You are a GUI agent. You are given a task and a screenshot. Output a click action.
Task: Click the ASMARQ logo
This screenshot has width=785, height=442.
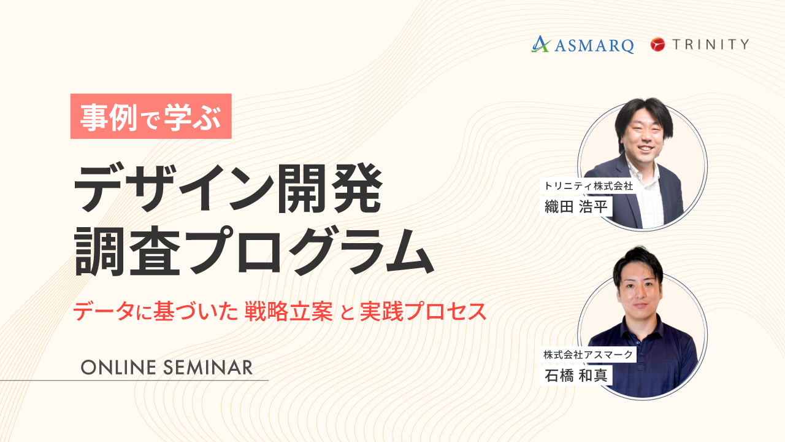583,45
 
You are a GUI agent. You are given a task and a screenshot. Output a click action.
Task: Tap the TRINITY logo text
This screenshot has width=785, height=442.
711,44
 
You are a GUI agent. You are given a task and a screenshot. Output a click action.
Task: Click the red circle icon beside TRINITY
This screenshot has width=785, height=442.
658,44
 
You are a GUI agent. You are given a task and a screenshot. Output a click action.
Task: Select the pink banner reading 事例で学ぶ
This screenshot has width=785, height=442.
151,116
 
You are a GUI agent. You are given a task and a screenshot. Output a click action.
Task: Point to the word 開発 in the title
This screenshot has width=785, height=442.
329,188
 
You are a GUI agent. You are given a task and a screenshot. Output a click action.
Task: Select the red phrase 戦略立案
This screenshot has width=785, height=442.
288,311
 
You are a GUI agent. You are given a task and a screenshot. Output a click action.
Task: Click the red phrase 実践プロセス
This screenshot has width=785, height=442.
423,311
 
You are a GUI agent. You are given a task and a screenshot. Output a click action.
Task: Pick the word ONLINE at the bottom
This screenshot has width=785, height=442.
118,368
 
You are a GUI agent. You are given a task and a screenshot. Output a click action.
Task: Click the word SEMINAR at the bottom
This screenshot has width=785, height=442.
208,368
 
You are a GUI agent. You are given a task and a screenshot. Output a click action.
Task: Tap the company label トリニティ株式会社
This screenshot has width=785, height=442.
588,185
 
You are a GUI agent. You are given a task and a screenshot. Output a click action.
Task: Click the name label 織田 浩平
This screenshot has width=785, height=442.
576,206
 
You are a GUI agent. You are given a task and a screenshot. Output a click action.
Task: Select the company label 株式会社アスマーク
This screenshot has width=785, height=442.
588,355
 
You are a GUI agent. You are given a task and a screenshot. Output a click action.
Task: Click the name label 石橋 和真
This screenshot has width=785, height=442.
576,375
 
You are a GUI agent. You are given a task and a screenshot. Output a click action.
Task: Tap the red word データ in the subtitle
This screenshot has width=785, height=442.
104,311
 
